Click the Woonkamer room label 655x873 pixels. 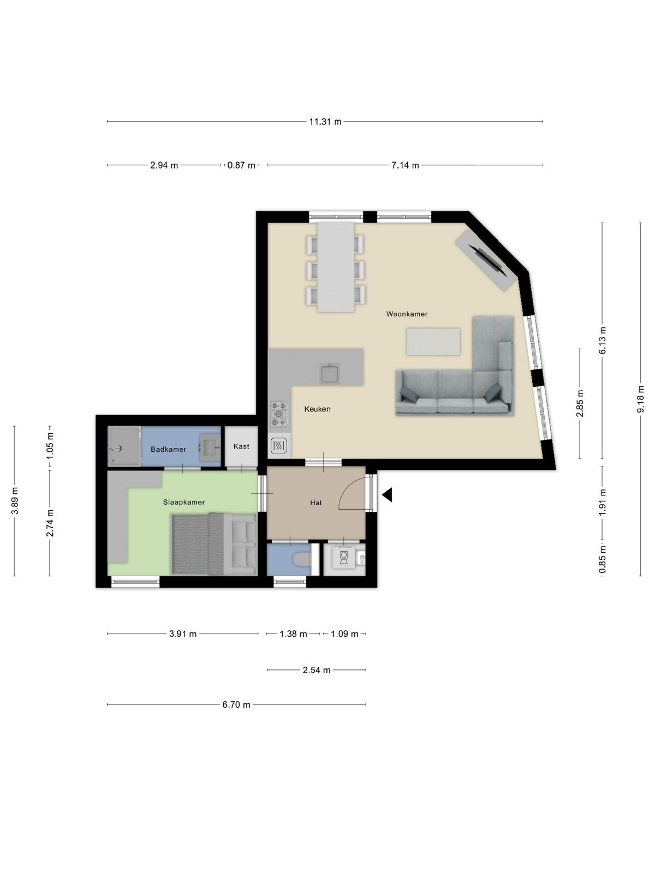(407, 314)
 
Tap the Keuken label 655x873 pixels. (317, 409)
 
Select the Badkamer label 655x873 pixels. (168, 450)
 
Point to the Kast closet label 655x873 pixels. (241, 446)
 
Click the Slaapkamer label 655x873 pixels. (184, 503)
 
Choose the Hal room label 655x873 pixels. (316, 503)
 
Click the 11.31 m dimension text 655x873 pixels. (325, 122)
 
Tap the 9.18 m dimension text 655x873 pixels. (640, 399)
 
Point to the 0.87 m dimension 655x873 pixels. (241, 165)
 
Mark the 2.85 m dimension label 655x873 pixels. (580, 403)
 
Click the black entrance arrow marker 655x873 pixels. (387, 495)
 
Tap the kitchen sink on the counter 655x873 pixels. (330, 373)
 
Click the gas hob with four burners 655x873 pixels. (279, 415)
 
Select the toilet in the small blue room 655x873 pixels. (302, 560)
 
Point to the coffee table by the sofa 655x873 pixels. (433, 341)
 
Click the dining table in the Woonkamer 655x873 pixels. (336, 266)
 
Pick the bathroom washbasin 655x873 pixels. (210, 447)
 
